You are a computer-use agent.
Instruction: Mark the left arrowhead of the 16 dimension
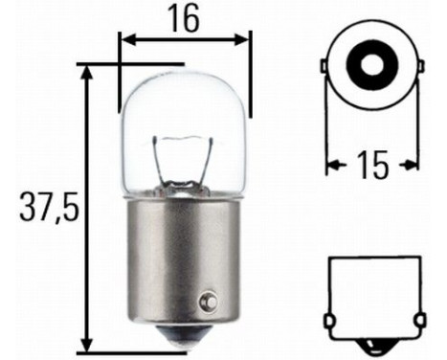(x=124, y=40)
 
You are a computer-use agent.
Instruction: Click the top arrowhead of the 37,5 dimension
(x=87, y=73)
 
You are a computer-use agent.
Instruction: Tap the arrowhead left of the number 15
(x=333, y=165)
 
